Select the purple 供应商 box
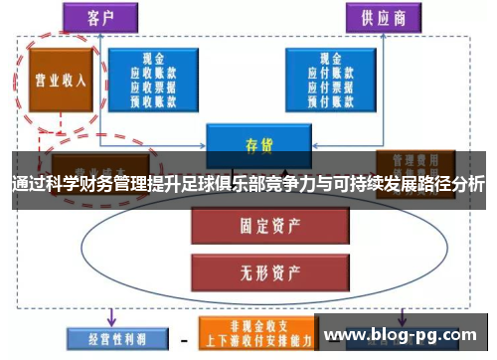pyautogui.click(x=383, y=17)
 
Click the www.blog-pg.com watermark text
pyautogui.click(x=406, y=335)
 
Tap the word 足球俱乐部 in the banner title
pyautogui.click(x=230, y=185)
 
